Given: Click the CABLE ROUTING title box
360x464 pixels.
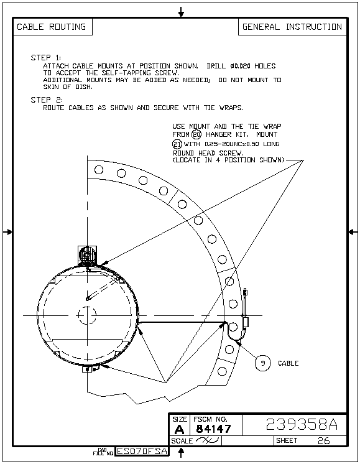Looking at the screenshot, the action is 52,27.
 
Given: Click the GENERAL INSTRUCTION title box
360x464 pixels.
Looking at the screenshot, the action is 292,27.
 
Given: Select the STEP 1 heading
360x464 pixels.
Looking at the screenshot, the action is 46,57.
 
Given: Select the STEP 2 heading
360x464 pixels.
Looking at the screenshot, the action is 47,100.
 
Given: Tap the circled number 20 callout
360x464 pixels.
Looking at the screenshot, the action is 196,134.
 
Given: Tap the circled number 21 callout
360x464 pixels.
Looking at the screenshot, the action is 177,144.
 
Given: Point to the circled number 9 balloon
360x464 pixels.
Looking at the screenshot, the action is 262,363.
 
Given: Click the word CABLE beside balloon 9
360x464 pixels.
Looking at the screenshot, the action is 288,363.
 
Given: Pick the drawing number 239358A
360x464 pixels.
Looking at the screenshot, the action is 302,424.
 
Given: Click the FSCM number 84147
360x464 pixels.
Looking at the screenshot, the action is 213,429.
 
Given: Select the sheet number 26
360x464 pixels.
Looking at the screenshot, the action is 323,441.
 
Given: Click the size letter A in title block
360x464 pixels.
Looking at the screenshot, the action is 179,429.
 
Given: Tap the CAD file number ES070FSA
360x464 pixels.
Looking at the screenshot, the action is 142,451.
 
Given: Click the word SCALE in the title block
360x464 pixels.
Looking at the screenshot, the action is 182,441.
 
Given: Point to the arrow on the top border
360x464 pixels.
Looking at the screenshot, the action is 181,12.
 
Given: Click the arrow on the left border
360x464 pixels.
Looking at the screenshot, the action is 7,232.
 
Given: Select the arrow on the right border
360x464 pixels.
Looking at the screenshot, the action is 353,232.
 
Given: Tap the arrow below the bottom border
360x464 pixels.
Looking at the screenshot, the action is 181,452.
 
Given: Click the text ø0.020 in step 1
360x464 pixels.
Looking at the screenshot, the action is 240,66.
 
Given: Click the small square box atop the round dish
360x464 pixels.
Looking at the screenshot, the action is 87,255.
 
